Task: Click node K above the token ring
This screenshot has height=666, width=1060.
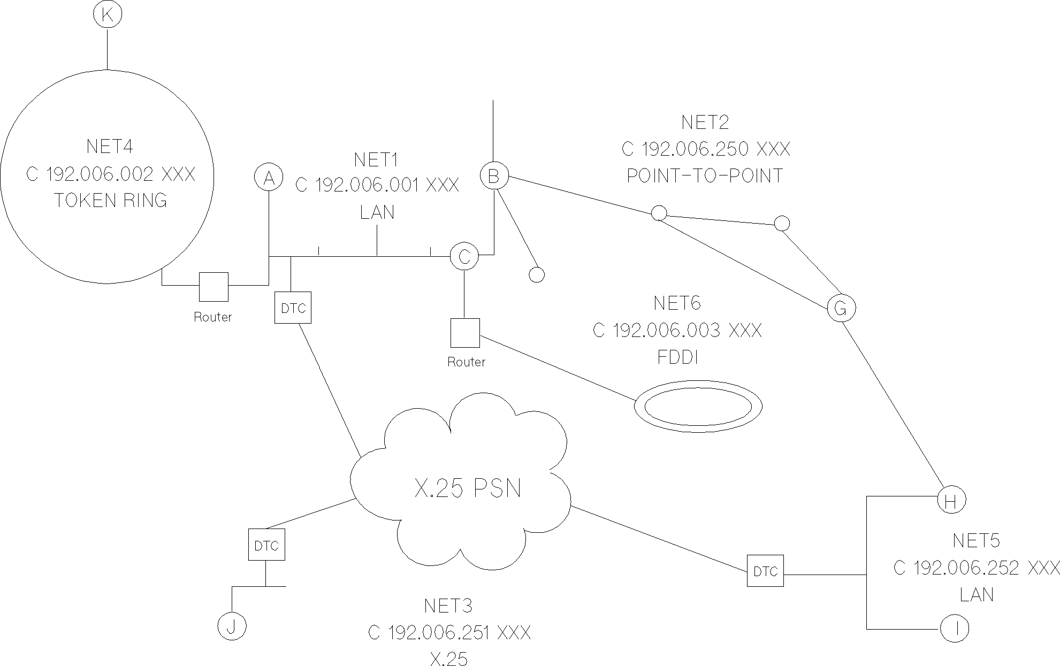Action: click(x=108, y=15)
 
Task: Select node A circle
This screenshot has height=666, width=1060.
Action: click(x=269, y=177)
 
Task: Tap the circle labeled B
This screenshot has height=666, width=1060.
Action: click(x=493, y=176)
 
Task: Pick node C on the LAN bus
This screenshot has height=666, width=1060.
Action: click(x=464, y=257)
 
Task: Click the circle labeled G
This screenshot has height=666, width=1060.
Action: click(x=841, y=308)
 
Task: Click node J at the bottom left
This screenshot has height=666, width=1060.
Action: click(x=232, y=626)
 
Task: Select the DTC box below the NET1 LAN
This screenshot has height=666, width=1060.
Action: click(x=293, y=308)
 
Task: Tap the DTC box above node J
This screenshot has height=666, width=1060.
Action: click(x=266, y=545)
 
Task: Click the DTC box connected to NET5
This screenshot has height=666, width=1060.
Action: click(x=765, y=571)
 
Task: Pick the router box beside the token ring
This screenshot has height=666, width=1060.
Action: click(x=213, y=287)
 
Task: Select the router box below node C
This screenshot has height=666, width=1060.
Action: click(x=464, y=333)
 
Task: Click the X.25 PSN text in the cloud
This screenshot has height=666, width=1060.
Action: click(x=468, y=488)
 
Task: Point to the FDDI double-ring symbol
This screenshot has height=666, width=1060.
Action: click(x=698, y=407)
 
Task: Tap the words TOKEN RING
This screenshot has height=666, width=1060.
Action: click(x=111, y=201)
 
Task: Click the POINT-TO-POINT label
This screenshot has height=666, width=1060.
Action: click(x=705, y=175)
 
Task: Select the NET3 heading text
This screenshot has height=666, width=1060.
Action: click(x=448, y=606)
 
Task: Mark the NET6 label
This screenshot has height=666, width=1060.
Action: click(x=677, y=303)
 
